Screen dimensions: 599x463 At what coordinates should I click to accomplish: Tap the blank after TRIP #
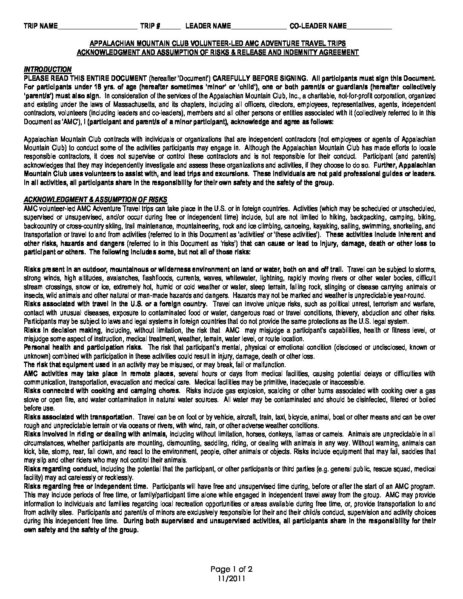[171, 26]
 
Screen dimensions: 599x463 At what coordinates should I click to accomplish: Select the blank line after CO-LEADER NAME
[369, 26]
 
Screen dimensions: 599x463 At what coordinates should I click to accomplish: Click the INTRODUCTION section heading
[48, 69]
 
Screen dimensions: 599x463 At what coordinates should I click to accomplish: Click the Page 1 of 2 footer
[231, 569]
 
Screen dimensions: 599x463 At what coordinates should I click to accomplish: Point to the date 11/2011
[231, 578]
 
